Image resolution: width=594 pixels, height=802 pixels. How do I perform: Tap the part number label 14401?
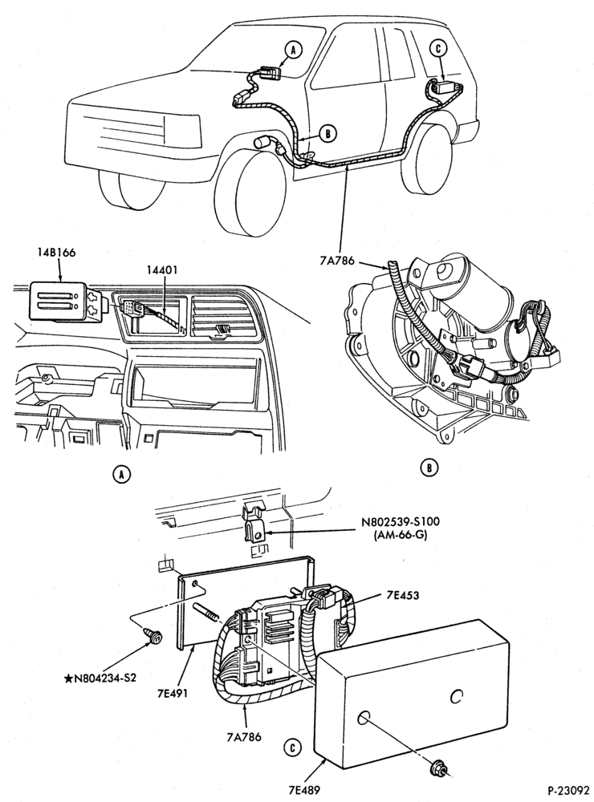(x=161, y=269)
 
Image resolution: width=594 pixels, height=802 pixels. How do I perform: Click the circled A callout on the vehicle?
(x=294, y=50)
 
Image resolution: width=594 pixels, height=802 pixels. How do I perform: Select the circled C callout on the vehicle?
(x=437, y=48)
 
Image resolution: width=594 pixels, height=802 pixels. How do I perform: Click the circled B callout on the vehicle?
(x=328, y=134)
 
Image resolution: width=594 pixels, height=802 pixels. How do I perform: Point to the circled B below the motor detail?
(x=429, y=467)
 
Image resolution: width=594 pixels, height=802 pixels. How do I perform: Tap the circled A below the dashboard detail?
(x=121, y=475)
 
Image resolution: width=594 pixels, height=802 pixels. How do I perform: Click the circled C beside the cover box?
(x=292, y=748)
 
